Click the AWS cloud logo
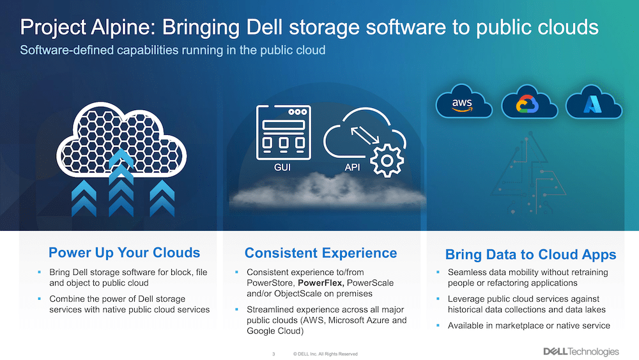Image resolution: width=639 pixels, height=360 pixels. click(x=464, y=102)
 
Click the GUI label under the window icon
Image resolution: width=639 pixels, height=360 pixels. click(x=282, y=167)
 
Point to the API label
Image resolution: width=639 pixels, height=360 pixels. click(x=352, y=167)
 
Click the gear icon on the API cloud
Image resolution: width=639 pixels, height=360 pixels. click(x=387, y=160)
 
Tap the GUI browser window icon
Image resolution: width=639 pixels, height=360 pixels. click(x=284, y=132)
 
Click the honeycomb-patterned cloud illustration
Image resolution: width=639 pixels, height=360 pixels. click(x=121, y=139)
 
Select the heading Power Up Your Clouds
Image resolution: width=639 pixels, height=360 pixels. click(x=125, y=253)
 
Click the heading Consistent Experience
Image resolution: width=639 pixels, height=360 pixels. click(x=321, y=253)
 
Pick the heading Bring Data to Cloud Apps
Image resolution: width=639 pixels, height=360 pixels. click(x=530, y=254)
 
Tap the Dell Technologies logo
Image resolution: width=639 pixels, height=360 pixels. click(x=581, y=352)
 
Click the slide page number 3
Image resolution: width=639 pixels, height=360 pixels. click(x=273, y=354)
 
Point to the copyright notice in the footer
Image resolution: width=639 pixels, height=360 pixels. click(x=325, y=354)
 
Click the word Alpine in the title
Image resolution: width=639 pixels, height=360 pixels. click(x=123, y=27)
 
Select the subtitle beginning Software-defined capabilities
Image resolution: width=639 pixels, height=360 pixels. click(x=173, y=50)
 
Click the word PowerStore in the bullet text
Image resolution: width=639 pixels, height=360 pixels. click(x=270, y=283)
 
